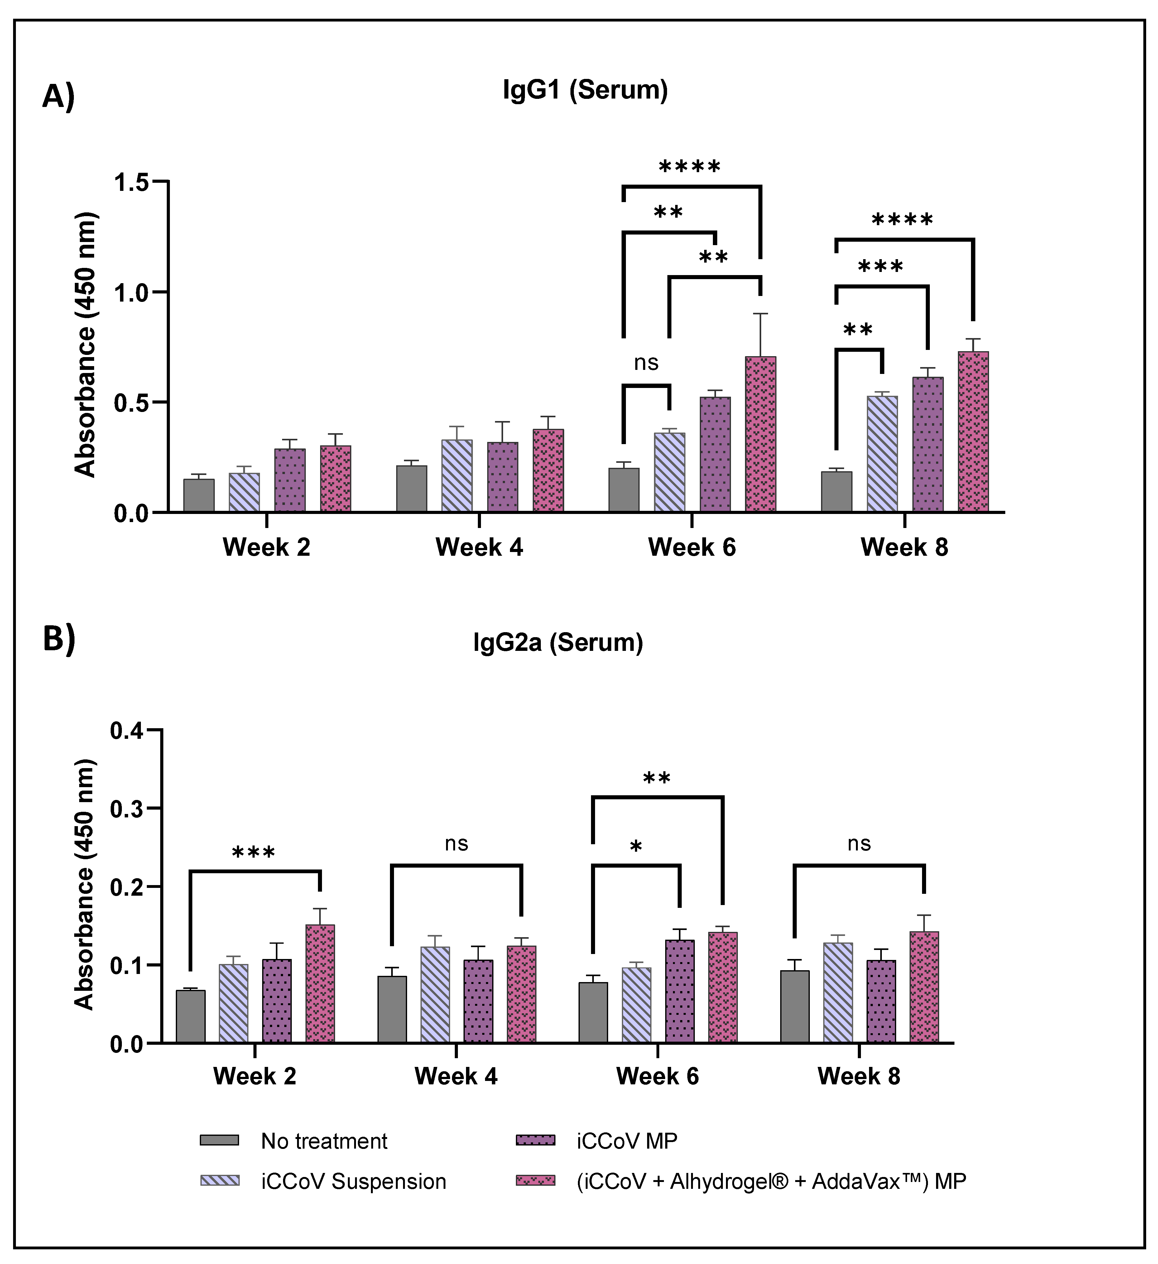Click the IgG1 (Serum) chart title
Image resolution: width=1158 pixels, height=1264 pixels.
tap(585, 90)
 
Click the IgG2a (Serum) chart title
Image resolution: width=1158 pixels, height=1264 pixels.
tap(558, 643)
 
